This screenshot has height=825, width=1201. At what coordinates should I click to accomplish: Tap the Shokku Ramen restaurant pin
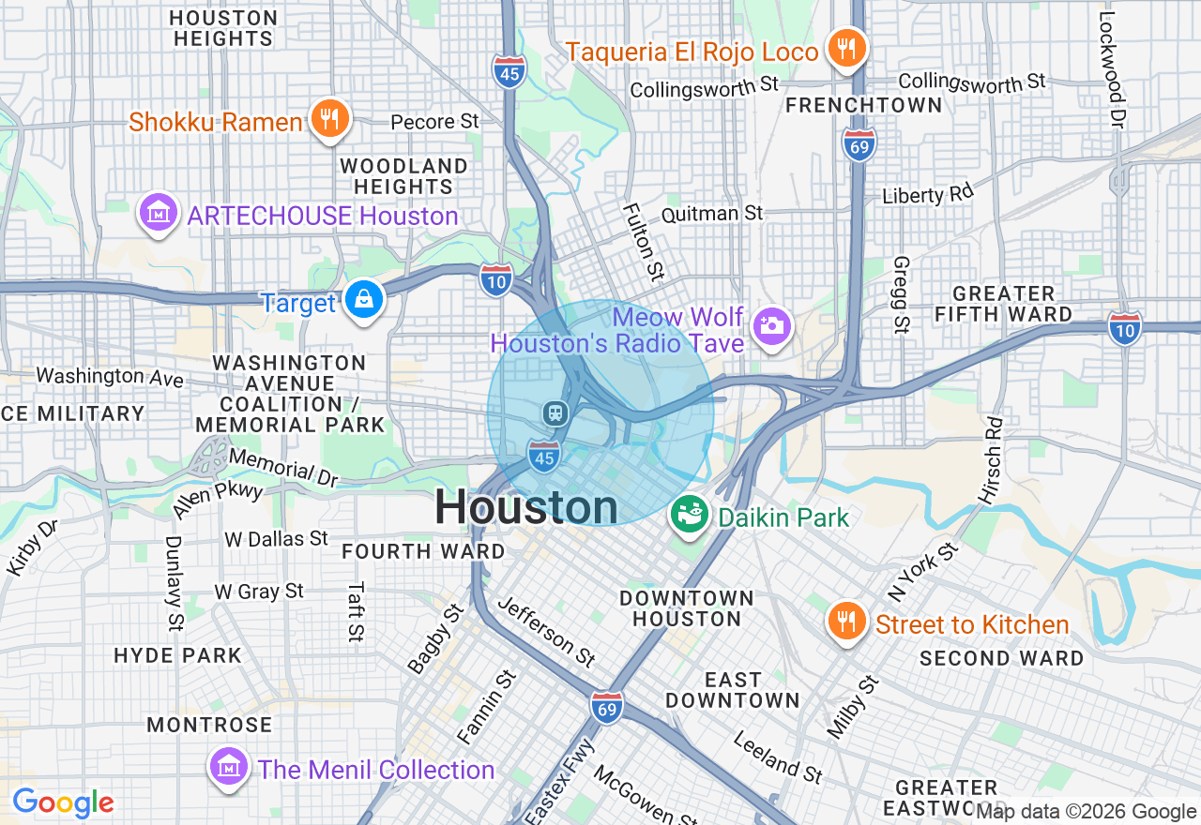pos(328,119)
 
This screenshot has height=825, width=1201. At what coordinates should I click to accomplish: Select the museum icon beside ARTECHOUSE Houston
pos(159,214)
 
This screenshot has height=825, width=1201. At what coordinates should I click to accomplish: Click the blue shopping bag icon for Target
pos(363,300)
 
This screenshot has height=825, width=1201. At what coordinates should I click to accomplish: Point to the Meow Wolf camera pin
pos(772,325)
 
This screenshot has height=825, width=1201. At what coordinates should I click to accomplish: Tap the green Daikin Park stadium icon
pos(690,517)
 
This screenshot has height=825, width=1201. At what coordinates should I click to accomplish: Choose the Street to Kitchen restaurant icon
pos(847,622)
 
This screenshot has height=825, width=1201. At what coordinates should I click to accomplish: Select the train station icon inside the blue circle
pos(556,412)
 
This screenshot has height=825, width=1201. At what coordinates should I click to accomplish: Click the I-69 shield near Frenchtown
pos(859,145)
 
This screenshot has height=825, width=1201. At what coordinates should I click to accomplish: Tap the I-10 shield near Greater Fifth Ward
pos(1124,328)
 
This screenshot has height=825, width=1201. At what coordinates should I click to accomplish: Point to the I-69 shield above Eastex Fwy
pos(608,709)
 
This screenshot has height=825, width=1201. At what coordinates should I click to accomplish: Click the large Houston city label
pos(525,508)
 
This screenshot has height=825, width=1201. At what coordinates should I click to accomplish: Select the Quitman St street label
pos(712,214)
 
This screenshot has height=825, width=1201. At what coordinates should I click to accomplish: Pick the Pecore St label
pos(434,122)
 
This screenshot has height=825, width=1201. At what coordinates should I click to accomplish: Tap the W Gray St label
pos(259,592)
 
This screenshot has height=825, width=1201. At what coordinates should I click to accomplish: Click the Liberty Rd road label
pos(927,194)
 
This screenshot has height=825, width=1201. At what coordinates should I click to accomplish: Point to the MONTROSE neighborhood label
pos(209,725)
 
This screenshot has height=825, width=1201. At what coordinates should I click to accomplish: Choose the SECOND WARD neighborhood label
pos(1001,658)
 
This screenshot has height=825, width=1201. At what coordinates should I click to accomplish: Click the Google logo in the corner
pos(63,802)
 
